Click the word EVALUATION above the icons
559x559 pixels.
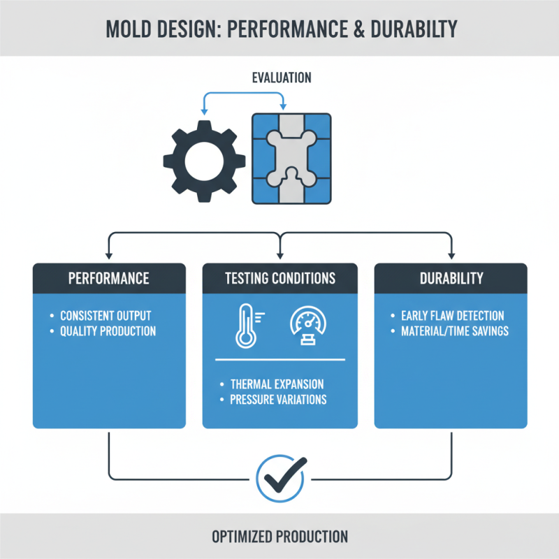(282, 78)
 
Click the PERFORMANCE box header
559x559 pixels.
(109, 278)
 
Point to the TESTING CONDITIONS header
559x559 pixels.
(279, 278)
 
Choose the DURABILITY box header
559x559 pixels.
(451, 278)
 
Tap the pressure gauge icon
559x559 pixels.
(305, 326)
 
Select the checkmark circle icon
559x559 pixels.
(279, 479)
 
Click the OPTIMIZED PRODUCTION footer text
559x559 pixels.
(279, 537)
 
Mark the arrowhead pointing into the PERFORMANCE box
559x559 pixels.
(109, 255)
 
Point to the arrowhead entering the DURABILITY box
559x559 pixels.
(451, 255)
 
